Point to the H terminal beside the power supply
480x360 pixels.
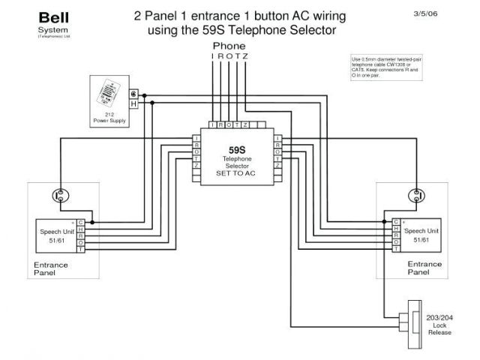(133, 104)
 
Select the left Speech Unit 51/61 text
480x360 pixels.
(55, 235)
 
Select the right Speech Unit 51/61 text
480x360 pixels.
(421, 235)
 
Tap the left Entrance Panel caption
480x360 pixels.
(51, 269)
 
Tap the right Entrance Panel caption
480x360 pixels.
(424, 269)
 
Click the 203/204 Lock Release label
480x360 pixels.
(439, 325)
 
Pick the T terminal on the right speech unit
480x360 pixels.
(396, 248)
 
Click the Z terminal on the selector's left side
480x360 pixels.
(196, 165)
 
